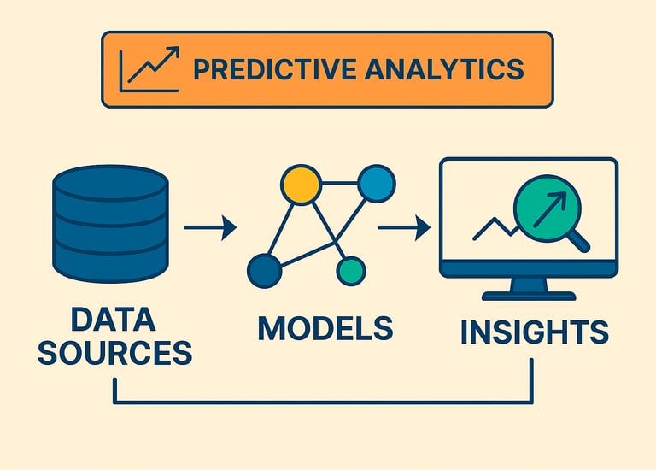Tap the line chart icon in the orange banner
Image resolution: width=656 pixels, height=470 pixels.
(149, 68)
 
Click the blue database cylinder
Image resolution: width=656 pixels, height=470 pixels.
(110, 224)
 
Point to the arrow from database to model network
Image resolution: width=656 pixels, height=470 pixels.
(210, 227)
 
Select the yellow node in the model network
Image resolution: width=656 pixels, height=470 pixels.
(301, 185)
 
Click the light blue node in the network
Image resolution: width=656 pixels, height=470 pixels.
(376, 183)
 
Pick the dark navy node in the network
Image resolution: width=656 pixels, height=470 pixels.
(264, 271)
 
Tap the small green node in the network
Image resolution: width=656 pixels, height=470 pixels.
(351, 271)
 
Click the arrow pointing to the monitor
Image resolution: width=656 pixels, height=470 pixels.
(404, 227)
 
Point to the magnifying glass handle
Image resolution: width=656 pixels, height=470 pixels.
(579, 243)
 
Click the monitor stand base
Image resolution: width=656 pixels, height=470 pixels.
(528, 295)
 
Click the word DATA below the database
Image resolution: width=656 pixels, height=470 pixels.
(113, 321)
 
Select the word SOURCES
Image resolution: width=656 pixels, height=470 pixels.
(114, 352)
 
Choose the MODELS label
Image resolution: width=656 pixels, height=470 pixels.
(325, 328)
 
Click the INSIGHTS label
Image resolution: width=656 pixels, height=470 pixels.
(534, 332)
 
